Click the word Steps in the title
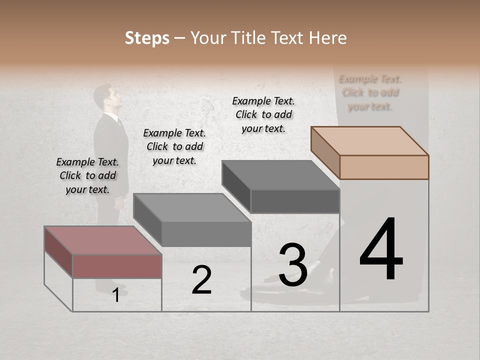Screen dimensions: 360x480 click(x=147, y=38)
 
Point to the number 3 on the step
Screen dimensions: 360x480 click(x=292, y=265)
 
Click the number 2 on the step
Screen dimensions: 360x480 click(x=201, y=280)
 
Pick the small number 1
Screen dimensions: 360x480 click(x=115, y=295)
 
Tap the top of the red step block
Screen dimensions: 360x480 click(x=102, y=240)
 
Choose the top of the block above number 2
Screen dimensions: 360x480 click(x=192, y=207)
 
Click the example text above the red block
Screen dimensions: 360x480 click(x=87, y=175)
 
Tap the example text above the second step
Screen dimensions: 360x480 click(x=174, y=146)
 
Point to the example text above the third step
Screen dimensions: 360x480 click(x=263, y=114)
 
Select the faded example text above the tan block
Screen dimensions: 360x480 click(x=370, y=92)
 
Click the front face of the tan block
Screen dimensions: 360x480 click(x=384, y=167)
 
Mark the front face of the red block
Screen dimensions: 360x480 click(x=117, y=266)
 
